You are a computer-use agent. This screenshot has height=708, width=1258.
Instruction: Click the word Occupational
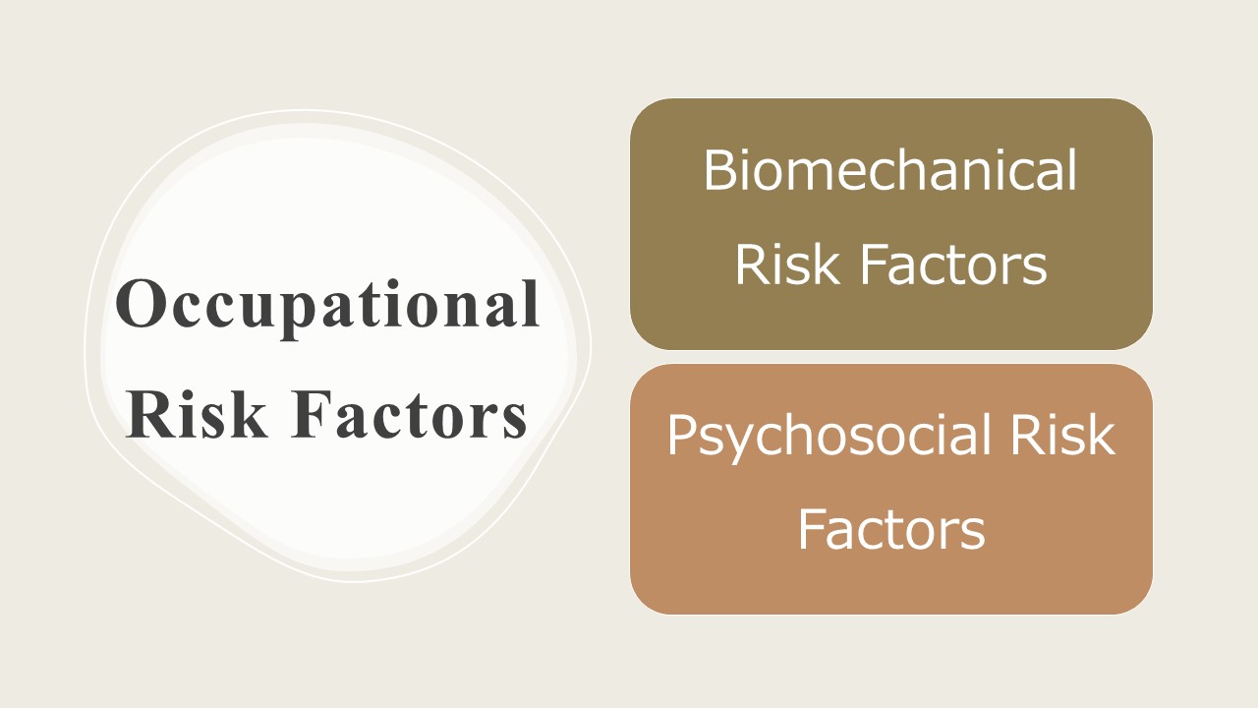327,308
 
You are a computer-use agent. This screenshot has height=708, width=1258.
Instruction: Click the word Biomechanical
890,170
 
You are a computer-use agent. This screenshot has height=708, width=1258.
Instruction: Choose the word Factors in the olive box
953,265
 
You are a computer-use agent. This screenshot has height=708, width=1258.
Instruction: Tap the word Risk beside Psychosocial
1062,434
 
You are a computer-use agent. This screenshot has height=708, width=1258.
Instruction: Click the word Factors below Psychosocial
891,529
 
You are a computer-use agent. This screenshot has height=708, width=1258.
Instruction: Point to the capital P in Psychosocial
681,435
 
